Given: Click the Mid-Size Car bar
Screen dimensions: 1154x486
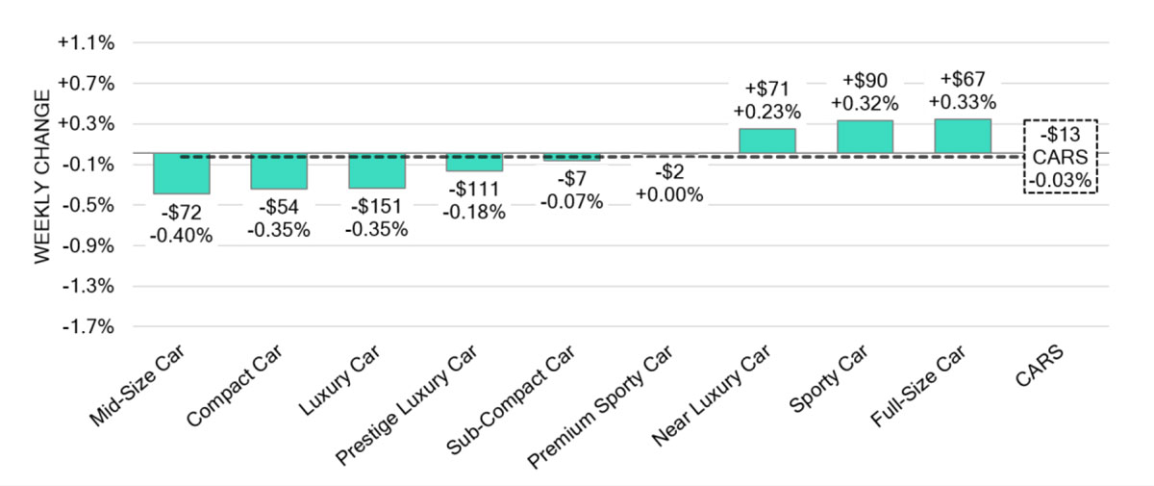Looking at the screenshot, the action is tap(182, 173).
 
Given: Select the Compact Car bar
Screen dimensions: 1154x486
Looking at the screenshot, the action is tap(279, 171).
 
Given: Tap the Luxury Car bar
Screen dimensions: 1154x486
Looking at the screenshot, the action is tap(377, 170).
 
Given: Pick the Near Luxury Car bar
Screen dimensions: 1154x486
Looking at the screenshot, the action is tap(767, 141).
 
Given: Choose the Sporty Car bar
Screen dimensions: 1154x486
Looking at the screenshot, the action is tap(865, 137).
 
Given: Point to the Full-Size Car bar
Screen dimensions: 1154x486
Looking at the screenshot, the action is tap(963, 136).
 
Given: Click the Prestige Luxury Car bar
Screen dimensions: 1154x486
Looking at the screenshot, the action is tap(474, 162).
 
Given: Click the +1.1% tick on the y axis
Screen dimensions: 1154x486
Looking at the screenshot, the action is tap(86, 42).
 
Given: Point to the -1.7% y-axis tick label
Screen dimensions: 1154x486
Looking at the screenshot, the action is tap(88, 327).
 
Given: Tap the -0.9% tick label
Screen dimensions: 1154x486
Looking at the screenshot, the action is tap(88, 245).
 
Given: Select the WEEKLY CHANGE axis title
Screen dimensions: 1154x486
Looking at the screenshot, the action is tap(42, 177).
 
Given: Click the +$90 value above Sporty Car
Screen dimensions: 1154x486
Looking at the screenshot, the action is tap(865, 81).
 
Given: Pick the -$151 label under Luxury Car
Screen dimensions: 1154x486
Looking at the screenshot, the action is tap(377, 206).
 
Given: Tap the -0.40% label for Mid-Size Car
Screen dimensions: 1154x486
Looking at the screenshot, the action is tap(182, 236).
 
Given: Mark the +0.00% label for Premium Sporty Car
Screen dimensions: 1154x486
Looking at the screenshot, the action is tap(669, 194).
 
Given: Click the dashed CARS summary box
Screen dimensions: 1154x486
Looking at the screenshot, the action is tap(1060, 120).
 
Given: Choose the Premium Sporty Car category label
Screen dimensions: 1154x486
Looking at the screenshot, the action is tap(601, 406).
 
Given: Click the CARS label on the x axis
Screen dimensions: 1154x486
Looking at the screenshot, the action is tap(1040, 366).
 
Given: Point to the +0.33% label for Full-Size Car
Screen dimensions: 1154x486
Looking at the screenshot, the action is tap(963, 102).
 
